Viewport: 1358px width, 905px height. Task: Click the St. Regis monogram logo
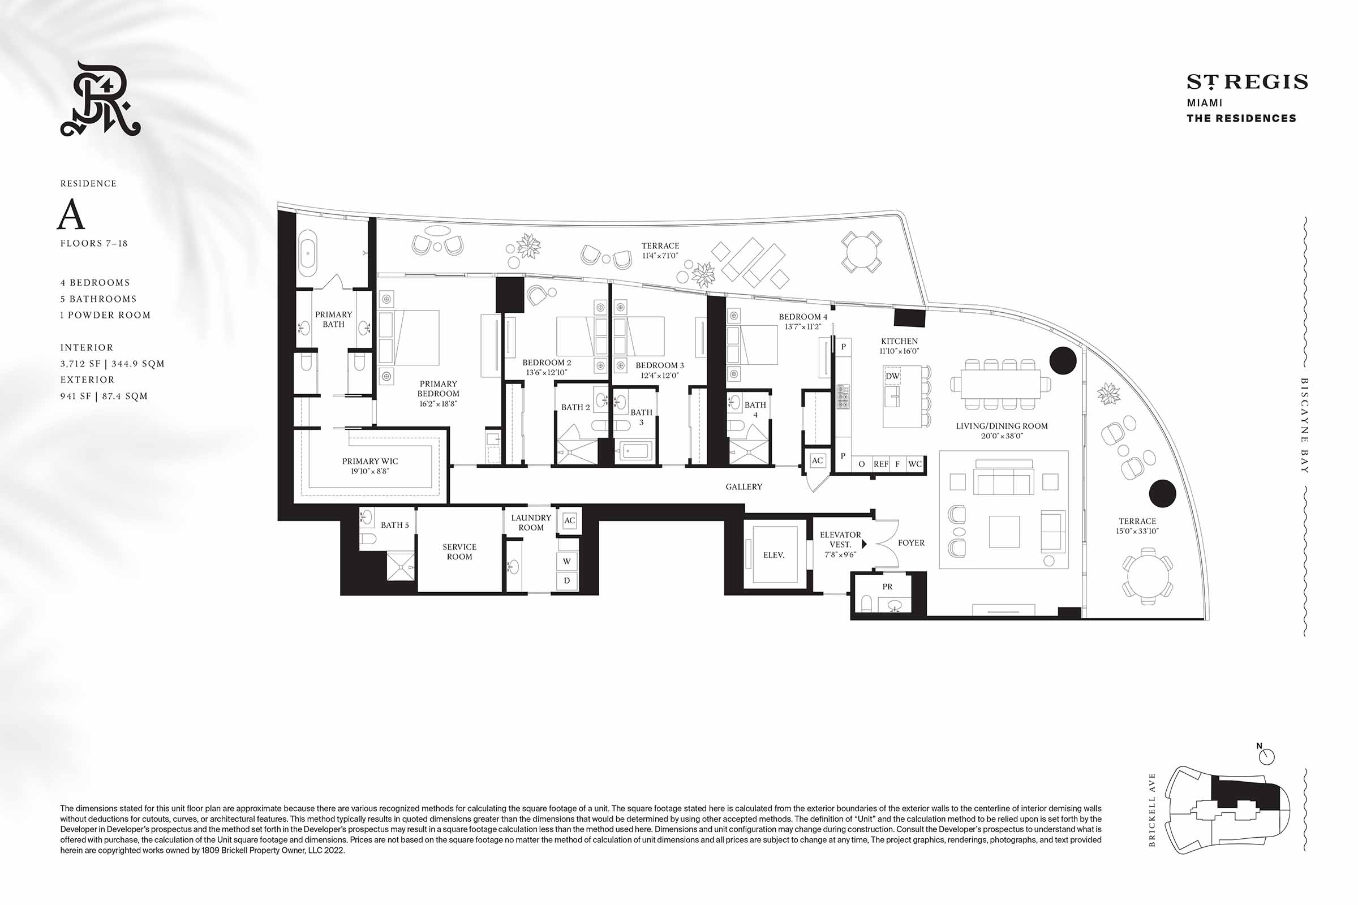pos(101,100)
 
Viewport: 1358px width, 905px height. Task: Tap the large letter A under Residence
pos(71,215)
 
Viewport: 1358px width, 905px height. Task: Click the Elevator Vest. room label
pos(840,540)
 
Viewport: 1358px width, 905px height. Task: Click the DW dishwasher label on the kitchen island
pos(893,376)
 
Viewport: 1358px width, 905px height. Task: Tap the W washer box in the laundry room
pos(567,561)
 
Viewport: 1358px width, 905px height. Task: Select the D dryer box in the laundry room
pos(567,581)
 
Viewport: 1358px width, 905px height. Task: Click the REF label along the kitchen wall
pos(881,464)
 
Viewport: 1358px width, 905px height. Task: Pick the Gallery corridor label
pos(744,487)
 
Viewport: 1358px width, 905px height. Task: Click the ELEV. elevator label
pos(773,555)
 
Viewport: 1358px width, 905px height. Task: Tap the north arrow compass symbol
pos(1266,755)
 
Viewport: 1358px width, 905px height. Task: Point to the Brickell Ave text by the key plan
pos(1153,810)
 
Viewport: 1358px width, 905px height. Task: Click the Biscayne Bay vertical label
pos(1304,425)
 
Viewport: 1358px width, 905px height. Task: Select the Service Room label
pos(459,552)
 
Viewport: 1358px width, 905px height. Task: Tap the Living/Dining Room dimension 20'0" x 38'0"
pos(1002,436)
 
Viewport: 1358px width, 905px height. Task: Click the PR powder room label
pos(887,587)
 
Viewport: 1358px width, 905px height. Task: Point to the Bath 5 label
pos(394,525)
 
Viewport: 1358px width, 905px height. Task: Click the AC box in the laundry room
pos(570,520)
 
